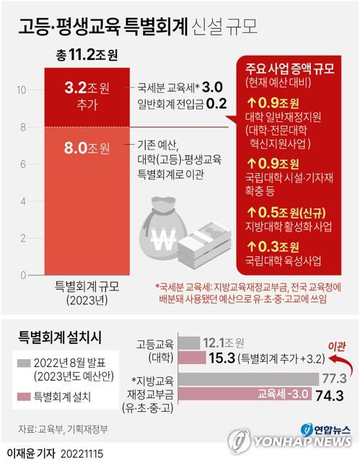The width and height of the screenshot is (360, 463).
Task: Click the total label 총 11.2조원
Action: pos(87,55)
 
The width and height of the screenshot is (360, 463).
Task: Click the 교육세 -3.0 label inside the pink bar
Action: pos(286,394)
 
